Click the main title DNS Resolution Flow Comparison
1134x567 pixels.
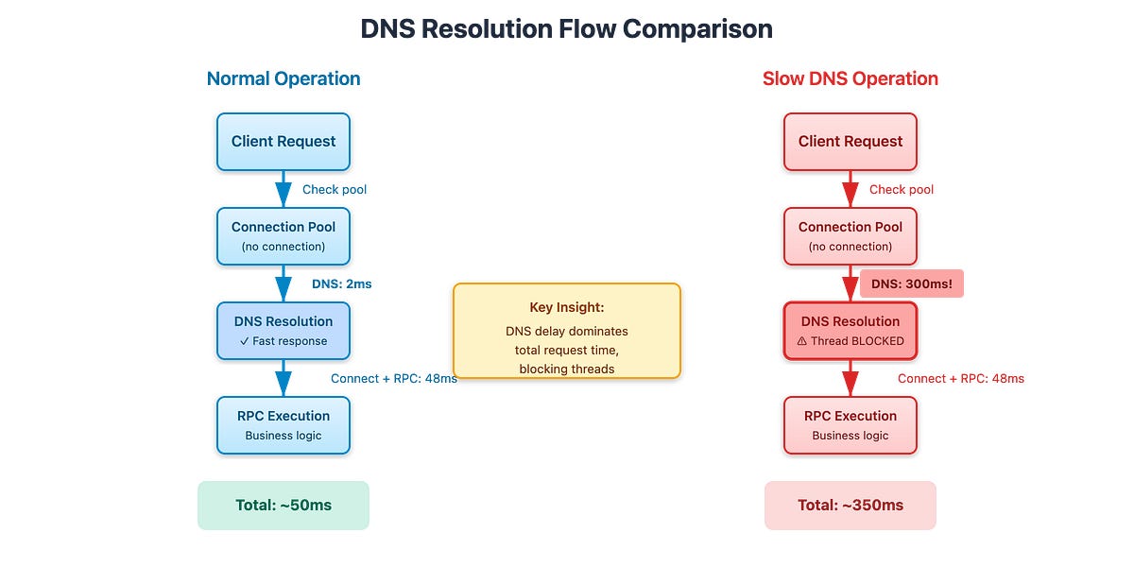566,29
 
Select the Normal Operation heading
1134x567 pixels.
283,78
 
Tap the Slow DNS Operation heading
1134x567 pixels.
850,78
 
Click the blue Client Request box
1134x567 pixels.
283,142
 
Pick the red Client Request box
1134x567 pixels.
850,142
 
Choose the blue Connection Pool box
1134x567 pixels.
283,236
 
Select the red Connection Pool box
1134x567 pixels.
850,236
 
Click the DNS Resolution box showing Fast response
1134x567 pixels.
283,331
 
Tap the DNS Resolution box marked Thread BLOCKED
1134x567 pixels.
850,331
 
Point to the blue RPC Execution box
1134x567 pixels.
283,425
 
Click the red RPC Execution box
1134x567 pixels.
850,425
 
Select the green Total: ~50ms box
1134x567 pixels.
283,506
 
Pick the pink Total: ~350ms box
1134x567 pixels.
850,506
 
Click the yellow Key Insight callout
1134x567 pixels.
567,331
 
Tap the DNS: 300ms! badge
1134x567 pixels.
911,283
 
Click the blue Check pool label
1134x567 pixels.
335,189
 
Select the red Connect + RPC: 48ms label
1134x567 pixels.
960,378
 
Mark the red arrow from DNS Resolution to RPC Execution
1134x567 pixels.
850,378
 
